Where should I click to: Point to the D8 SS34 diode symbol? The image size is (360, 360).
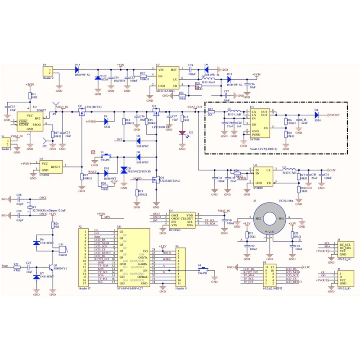317,116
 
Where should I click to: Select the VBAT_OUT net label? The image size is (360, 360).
195,107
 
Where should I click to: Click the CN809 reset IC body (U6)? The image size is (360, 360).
50,167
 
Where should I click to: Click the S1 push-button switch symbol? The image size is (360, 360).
105,157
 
